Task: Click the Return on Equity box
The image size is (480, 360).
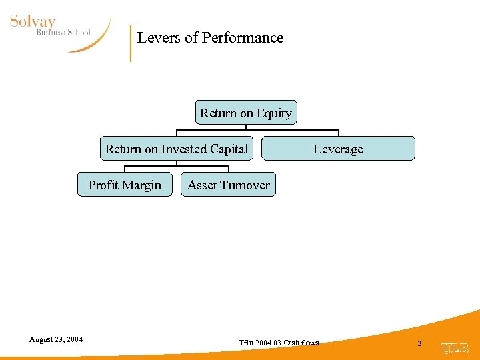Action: click(x=246, y=113)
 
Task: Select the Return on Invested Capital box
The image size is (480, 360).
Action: click(x=177, y=149)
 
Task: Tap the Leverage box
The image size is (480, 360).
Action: click(x=338, y=149)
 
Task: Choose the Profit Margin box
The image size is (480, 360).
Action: click(x=125, y=185)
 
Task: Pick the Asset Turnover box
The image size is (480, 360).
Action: click(x=228, y=185)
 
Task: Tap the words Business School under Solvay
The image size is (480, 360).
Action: click(x=63, y=32)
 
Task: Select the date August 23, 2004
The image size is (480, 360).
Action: click(x=56, y=339)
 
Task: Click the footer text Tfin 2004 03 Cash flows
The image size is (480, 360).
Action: click(x=279, y=343)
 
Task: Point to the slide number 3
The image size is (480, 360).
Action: click(x=419, y=343)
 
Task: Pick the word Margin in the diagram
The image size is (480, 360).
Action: click(x=143, y=185)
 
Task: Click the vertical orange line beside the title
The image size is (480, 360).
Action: click(x=131, y=43)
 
